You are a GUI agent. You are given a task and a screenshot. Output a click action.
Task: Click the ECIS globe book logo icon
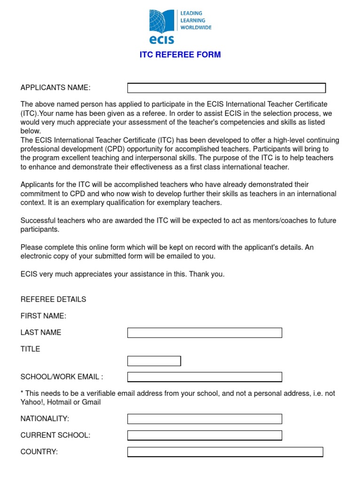coord(162,21)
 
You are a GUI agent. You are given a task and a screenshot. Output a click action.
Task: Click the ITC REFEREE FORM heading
coord(180,55)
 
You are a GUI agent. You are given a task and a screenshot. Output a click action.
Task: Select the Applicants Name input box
coord(227,88)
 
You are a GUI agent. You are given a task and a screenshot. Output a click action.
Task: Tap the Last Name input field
coord(204,333)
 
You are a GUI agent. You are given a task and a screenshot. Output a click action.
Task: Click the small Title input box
coord(154,361)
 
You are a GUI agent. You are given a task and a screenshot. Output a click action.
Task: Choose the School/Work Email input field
coord(204,377)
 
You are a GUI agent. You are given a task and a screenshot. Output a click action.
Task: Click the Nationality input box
coord(204,418)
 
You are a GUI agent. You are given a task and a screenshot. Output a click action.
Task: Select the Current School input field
coord(204,435)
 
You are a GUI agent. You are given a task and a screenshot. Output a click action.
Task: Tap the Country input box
coord(225,452)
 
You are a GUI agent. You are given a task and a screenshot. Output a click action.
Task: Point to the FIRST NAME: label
coord(43,316)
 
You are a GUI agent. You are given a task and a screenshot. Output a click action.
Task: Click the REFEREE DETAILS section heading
coord(53,299)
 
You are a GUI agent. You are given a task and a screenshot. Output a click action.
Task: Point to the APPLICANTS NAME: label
coord(55,88)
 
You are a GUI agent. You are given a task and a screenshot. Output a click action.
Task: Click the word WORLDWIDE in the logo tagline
coord(196,27)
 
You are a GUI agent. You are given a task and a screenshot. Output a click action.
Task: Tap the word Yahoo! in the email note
coord(31,402)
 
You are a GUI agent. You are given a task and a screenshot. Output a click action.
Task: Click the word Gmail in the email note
coord(91,402)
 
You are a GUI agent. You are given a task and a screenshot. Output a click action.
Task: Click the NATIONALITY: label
coord(45,418)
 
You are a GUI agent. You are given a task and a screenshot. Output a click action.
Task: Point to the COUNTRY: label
coord(39,452)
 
